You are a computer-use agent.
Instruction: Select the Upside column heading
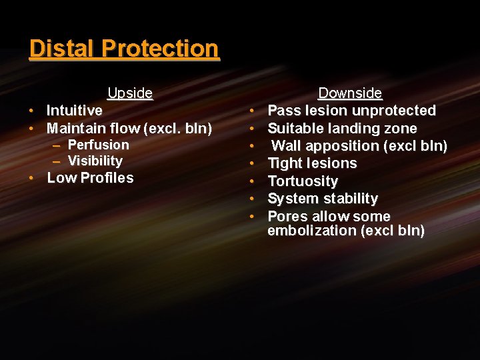pos(130,93)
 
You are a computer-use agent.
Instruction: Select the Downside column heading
pos(350,93)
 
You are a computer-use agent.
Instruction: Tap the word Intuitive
pos(75,111)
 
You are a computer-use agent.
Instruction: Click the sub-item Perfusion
pos(99,145)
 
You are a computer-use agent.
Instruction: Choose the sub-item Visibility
pos(95,161)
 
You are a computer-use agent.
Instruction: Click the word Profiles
pos(109,178)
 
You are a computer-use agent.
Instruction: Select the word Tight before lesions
pos(284,163)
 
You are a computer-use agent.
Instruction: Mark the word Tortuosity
pos(303,181)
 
